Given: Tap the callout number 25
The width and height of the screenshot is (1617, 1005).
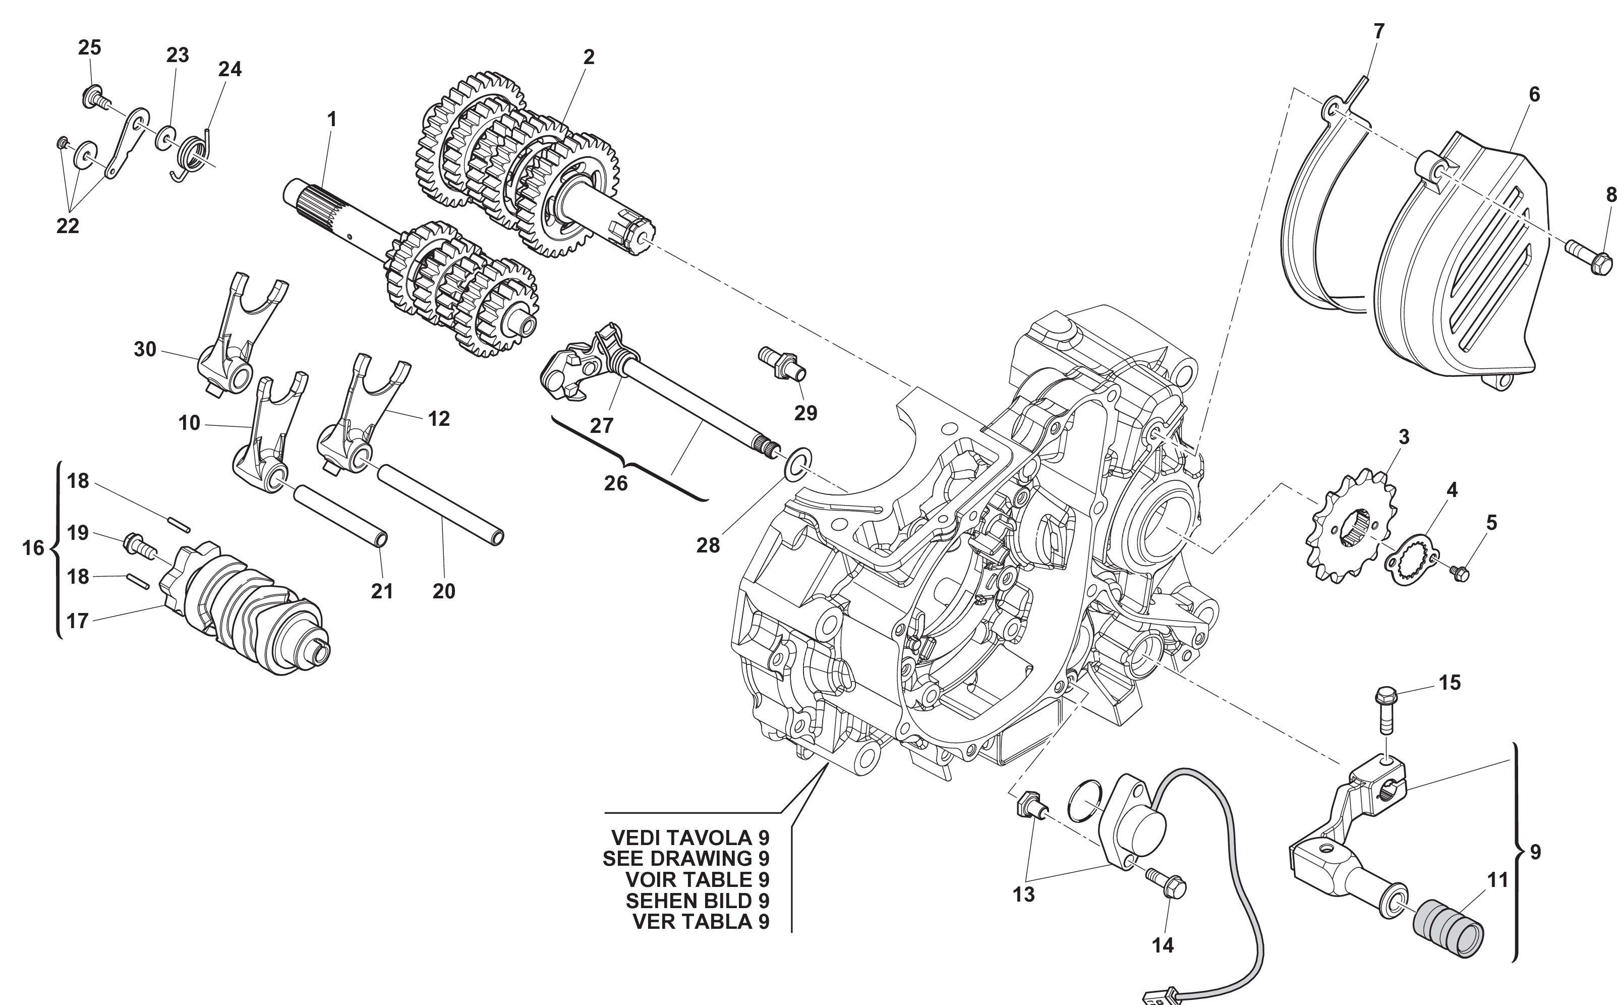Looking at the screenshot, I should tap(90, 47).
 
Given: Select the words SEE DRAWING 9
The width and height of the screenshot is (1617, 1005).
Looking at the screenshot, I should tap(685, 858).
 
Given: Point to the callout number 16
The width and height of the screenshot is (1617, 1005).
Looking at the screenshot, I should tap(33, 548).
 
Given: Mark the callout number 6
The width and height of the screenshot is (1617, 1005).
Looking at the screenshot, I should tap(1534, 94).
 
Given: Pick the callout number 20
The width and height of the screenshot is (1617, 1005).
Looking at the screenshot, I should tap(444, 591).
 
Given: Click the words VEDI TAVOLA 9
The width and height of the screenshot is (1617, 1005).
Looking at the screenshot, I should tap(689, 837).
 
